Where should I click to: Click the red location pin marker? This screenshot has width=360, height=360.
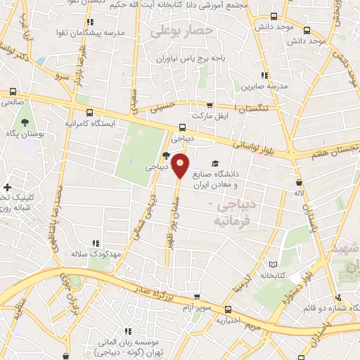[181, 166]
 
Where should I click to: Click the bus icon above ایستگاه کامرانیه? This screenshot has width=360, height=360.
[89, 112]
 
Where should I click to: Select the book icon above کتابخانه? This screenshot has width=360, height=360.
[273, 265]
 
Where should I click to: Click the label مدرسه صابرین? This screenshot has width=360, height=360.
[257, 87]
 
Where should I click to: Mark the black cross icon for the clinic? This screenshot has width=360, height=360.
[7, 187]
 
